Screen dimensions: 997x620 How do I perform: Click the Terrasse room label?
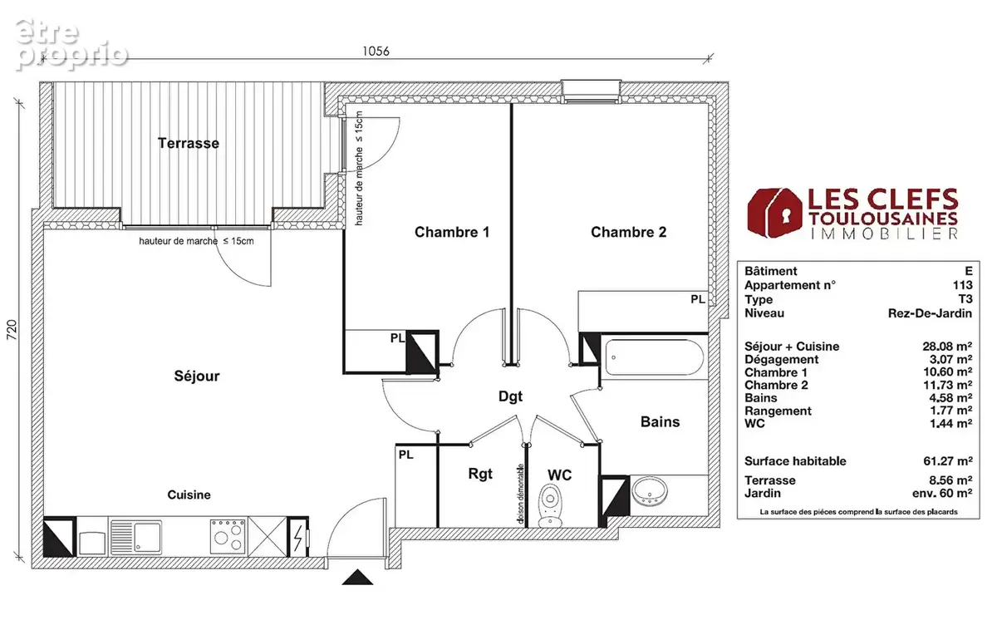click(x=189, y=143)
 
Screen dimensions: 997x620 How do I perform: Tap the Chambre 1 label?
click(x=452, y=232)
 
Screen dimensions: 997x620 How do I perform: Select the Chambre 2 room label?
click(x=628, y=232)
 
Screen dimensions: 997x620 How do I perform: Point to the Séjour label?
click(x=197, y=376)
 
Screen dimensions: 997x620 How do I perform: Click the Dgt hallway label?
click(x=510, y=396)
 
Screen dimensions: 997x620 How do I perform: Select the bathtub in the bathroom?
click(x=655, y=357)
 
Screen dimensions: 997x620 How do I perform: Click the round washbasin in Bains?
click(x=651, y=491)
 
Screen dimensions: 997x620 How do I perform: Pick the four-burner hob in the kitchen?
click(x=228, y=536)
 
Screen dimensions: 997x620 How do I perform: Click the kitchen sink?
click(x=135, y=537)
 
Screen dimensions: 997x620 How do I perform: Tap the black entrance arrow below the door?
click(x=357, y=578)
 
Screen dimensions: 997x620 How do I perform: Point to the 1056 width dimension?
click(x=376, y=52)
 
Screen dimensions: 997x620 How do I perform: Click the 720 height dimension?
click(x=12, y=330)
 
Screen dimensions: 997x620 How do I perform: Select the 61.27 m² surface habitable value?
click(x=948, y=461)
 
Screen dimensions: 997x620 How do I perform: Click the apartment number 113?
click(x=962, y=285)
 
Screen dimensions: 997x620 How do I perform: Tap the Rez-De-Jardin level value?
click(x=930, y=313)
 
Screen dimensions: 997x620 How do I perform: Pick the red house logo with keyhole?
click(x=774, y=213)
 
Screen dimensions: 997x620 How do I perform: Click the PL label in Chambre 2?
click(x=698, y=299)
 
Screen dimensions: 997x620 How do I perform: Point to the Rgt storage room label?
click(x=480, y=474)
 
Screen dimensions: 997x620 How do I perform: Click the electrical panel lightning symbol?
click(x=298, y=538)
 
